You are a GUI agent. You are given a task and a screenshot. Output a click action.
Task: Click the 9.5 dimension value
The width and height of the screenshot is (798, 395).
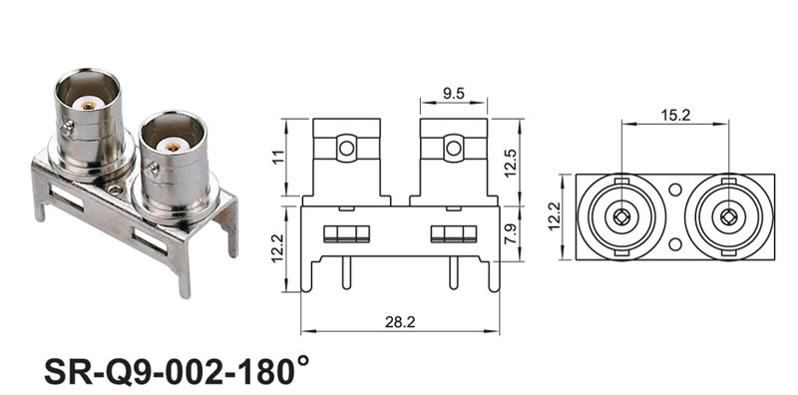tap(453, 93)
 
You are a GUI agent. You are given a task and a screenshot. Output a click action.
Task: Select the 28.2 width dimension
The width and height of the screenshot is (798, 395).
tap(401, 322)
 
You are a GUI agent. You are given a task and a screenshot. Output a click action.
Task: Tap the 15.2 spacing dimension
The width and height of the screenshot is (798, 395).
tap(675, 115)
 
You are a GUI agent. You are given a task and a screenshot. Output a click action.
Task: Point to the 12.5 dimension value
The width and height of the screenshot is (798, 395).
tap(511, 163)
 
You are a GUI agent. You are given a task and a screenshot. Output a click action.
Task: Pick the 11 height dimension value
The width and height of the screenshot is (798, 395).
tap(278, 158)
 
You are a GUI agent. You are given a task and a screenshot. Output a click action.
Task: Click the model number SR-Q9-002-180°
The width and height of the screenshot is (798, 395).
tap(177, 372)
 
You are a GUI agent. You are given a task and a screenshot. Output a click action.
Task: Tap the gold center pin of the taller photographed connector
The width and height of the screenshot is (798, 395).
tap(88, 106)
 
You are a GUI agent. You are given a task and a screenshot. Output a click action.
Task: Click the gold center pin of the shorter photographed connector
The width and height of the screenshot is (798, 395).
tap(173, 148)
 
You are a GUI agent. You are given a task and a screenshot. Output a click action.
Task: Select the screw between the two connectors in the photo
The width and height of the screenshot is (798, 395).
tap(116, 191)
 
